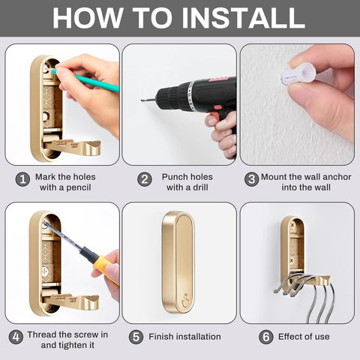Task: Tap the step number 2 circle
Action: coord(145,180)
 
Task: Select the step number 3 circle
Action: coord(251,180)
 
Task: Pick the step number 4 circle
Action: coord(16,337)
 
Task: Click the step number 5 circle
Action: coord(135,337)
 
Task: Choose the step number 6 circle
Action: coord(265,337)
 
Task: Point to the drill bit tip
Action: coord(141,96)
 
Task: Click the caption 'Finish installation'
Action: coord(184,337)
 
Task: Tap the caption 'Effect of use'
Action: coord(304,337)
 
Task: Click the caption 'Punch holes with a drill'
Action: coord(187,181)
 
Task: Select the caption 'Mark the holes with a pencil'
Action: coord(66,181)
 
